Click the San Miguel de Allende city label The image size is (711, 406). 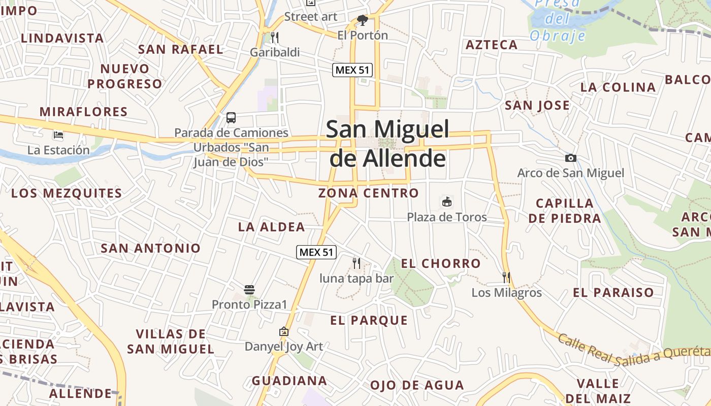point(387,144)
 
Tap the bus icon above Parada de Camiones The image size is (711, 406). point(231,118)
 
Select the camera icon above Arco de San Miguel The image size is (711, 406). point(570,158)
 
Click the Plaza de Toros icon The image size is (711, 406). point(446,202)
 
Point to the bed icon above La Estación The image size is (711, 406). point(58,135)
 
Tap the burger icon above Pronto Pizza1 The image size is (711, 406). point(249,290)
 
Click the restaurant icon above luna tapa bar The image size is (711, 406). point(357,263)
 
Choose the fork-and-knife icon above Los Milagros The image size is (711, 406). point(506,277)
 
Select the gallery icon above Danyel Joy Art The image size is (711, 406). point(284,332)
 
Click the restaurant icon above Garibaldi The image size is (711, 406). point(275,37)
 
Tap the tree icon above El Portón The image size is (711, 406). point(363,20)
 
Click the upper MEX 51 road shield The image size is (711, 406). point(352,70)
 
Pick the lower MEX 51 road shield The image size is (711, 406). point(317,252)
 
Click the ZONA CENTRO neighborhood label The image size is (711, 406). point(368,193)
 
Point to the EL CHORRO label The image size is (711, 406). point(440,263)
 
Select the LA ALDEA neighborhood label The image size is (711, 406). point(271,227)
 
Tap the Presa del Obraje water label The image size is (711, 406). point(558,20)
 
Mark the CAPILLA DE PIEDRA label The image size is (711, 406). point(564,211)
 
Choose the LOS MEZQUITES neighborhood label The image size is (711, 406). point(67,193)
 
